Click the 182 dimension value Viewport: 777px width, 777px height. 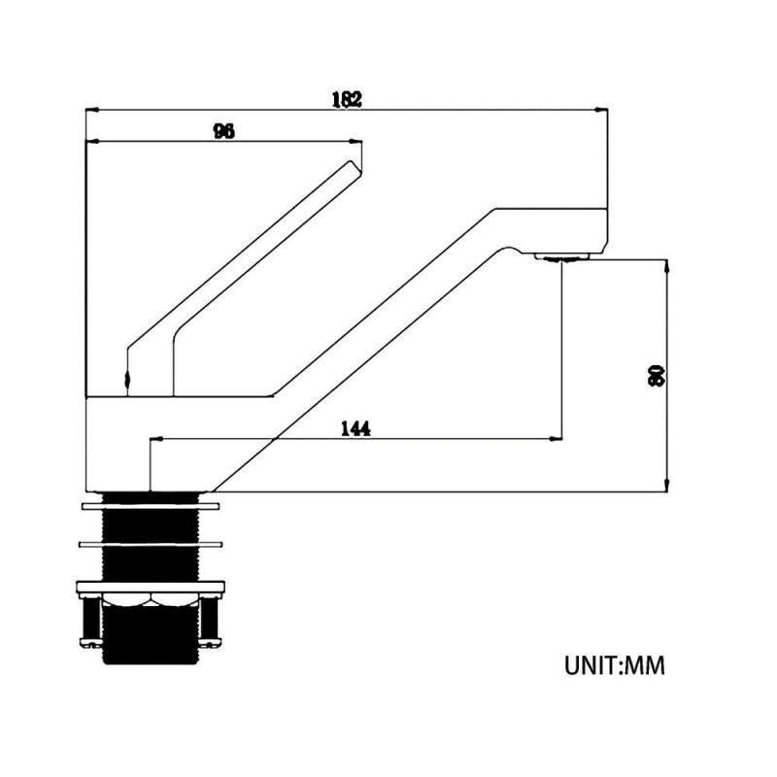(347, 99)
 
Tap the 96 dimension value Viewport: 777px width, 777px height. (224, 131)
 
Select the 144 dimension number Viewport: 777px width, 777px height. (355, 428)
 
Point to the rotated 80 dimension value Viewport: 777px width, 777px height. (656, 376)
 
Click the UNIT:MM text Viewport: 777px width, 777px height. (615, 665)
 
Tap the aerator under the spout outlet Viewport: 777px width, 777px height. (561, 256)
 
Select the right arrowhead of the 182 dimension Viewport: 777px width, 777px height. (601, 110)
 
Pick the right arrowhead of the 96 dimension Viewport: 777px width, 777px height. (355, 142)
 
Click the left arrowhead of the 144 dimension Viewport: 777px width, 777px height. (156, 439)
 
